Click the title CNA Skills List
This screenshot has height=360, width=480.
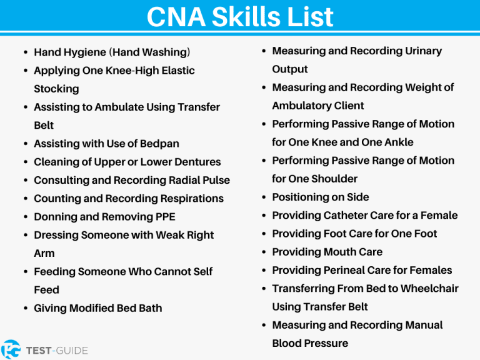point(240,17)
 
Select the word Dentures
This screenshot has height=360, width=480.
point(194,162)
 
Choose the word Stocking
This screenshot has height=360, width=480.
point(56,89)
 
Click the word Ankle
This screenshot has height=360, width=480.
point(397,142)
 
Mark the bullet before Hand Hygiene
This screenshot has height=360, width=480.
point(25,53)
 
